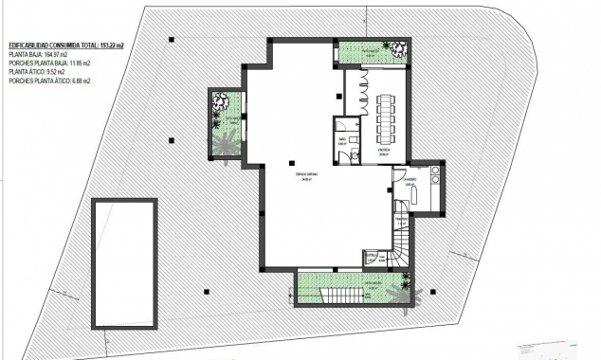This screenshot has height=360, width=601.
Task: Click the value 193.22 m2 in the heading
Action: point(109,45)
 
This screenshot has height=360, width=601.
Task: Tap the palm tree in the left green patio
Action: point(228,143)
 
